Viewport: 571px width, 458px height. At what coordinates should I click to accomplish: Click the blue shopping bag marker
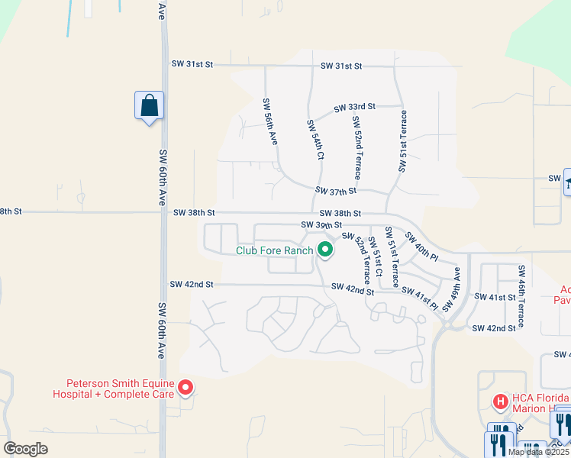click(x=149, y=105)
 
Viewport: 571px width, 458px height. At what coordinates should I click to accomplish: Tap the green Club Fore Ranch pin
click(x=325, y=250)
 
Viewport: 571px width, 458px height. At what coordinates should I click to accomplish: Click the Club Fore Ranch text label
click(x=274, y=250)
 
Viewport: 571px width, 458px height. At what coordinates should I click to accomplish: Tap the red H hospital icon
click(x=501, y=400)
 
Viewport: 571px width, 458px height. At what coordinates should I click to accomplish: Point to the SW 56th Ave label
click(x=270, y=121)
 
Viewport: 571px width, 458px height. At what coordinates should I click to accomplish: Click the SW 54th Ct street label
click(x=315, y=139)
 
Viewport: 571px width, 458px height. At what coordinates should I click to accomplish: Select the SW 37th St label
click(x=336, y=191)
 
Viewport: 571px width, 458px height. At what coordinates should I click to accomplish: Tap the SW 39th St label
click(x=321, y=225)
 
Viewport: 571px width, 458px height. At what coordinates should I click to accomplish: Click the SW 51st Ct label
click(x=373, y=261)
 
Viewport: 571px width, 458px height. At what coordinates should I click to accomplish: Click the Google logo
click(x=26, y=449)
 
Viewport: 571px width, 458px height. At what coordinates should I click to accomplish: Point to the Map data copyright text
click(x=539, y=452)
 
